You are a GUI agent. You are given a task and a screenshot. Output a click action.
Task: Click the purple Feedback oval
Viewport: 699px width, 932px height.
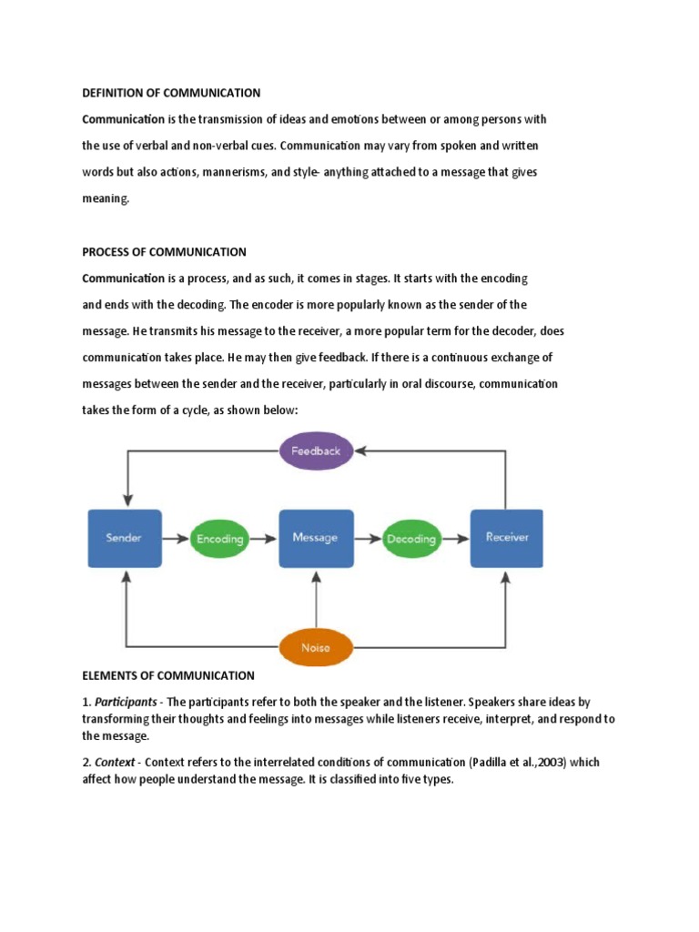coord(316,451)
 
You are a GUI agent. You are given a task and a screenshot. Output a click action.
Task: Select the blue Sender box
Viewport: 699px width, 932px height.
coord(125,538)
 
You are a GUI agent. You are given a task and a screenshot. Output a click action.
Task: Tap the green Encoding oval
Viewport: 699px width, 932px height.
coord(220,539)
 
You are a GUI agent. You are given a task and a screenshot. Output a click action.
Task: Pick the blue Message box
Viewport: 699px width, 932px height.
coord(316,538)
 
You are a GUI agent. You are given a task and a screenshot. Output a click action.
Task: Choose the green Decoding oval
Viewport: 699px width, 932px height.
coord(411,539)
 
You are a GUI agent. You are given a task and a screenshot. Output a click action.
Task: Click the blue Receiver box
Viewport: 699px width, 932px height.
coord(506,538)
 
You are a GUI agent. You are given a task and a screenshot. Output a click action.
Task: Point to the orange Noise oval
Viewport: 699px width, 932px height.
coord(316,647)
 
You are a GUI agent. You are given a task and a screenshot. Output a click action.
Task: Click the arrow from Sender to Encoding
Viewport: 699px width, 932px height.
coord(176,539)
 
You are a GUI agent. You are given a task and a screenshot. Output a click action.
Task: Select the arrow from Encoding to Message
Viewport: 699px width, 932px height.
coord(264,539)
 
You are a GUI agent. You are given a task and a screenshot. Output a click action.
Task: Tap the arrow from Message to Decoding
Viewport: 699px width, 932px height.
coord(368,539)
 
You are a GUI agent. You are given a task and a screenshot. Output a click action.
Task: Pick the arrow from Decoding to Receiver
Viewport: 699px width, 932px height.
coord(456,539)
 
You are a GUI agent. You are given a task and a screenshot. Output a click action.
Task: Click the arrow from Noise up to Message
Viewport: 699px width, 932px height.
coord(316,600)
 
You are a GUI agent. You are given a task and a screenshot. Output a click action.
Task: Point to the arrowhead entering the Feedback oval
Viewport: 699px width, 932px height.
coord(360,451)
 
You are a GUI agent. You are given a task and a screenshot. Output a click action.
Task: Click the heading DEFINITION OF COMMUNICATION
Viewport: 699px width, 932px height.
coord(171,93)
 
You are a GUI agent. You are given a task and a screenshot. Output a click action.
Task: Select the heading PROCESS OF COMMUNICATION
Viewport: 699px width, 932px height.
coord(164,252)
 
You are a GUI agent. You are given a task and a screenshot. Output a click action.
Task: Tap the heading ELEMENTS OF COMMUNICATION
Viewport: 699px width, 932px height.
coord(168,676)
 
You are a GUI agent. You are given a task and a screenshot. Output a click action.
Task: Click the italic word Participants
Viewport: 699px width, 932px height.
coord(126,702)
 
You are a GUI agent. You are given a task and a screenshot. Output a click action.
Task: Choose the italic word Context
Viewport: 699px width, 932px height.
coord(115,762)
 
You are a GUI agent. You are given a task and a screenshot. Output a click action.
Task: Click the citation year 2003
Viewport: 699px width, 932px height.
coord(552,762)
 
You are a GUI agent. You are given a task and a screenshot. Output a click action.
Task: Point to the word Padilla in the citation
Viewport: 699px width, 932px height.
coord(490,762)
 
